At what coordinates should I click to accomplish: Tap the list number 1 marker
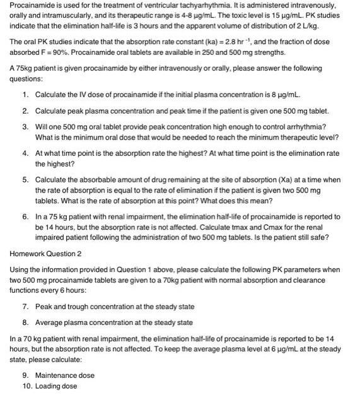pyautogui.click(x=25, y=94)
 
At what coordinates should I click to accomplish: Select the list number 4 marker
pyautogui.click(x=25, y=153)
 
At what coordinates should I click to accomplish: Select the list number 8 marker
pyautogui.click(x=25, y=322)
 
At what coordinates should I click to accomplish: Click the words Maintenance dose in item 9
pyautogui.click(x=65, y=375)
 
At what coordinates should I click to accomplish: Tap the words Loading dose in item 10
pyautogui.click(x=56, y=386)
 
